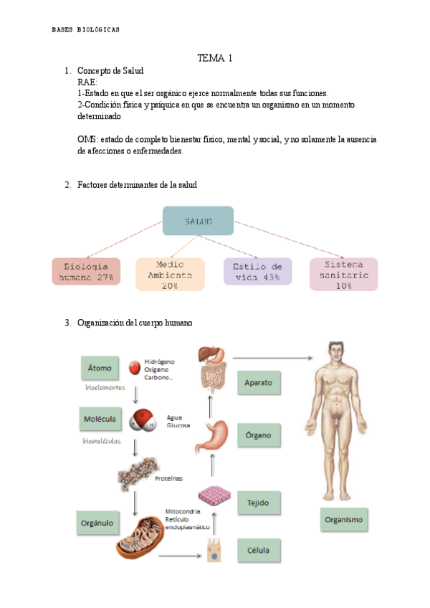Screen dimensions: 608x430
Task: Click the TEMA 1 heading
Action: coord(215,58)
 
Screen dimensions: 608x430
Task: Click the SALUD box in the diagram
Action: coord(198,221)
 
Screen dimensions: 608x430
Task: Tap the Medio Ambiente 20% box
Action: coord(170,274)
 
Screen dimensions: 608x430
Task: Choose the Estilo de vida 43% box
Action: coord(257,272)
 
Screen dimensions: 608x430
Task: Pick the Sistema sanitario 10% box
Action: coord(343,274)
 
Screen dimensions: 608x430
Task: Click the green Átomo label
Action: coord(100,369)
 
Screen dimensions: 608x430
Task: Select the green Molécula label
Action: coord(102,417)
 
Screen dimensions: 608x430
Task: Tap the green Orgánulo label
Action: coord(99,523)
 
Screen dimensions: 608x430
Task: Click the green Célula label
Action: coord(258,551)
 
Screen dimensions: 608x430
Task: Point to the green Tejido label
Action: coord(258,503)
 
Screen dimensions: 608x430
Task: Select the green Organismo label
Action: coord(343,519)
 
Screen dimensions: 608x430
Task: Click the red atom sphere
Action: coord(133,368)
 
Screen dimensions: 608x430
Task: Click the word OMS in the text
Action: coord(87,139)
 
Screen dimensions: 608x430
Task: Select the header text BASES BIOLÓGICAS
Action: coord(86,30)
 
